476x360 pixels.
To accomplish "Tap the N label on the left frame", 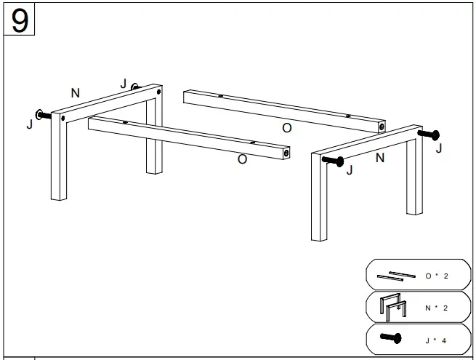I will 75,92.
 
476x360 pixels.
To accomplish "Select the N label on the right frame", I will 379,158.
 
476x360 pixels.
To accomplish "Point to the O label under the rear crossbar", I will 286,128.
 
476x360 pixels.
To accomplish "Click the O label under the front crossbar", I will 242,159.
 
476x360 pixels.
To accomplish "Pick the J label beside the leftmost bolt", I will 30,124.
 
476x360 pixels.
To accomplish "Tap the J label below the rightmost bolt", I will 437,148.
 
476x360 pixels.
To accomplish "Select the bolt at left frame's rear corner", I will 134,87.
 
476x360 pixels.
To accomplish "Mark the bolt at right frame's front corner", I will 332,160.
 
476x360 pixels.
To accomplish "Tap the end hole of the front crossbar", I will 286,153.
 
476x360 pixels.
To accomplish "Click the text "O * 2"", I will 437,276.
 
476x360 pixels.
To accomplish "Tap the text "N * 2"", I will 437,308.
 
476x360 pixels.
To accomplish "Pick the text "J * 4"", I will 437,339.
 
